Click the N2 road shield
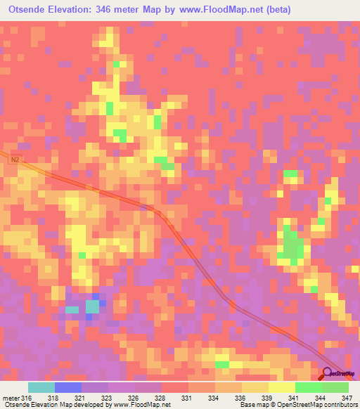coord(15,160)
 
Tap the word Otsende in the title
coord(27,10)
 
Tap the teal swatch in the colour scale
coord(41,387)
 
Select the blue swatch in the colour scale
coord(67,387)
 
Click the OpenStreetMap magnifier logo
coord(328,374)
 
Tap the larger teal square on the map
coord(92,306)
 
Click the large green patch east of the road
coord(292,247)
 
